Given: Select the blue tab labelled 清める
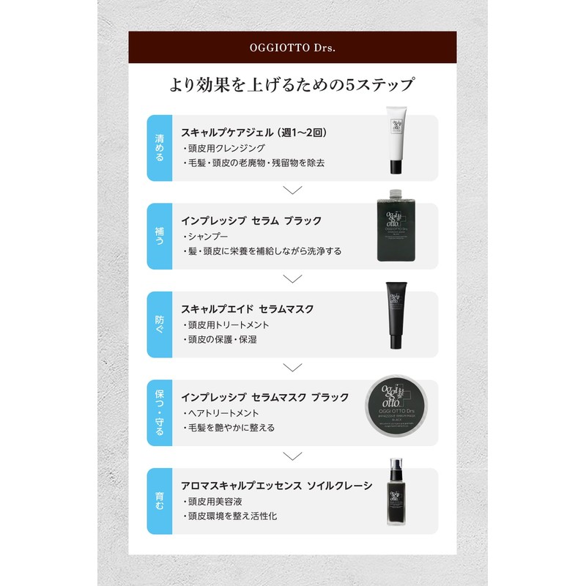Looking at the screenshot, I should pos(160,147).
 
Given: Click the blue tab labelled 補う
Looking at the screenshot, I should pos(160,236).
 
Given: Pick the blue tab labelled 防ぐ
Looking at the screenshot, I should pos(160,324).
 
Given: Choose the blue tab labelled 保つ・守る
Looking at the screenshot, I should pos(160,412).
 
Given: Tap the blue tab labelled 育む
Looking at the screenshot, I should pos(160,501).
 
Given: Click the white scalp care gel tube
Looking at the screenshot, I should pos(396,141).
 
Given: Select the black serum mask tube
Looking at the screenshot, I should pos(396,317).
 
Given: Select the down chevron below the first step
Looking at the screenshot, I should pos(292,190).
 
